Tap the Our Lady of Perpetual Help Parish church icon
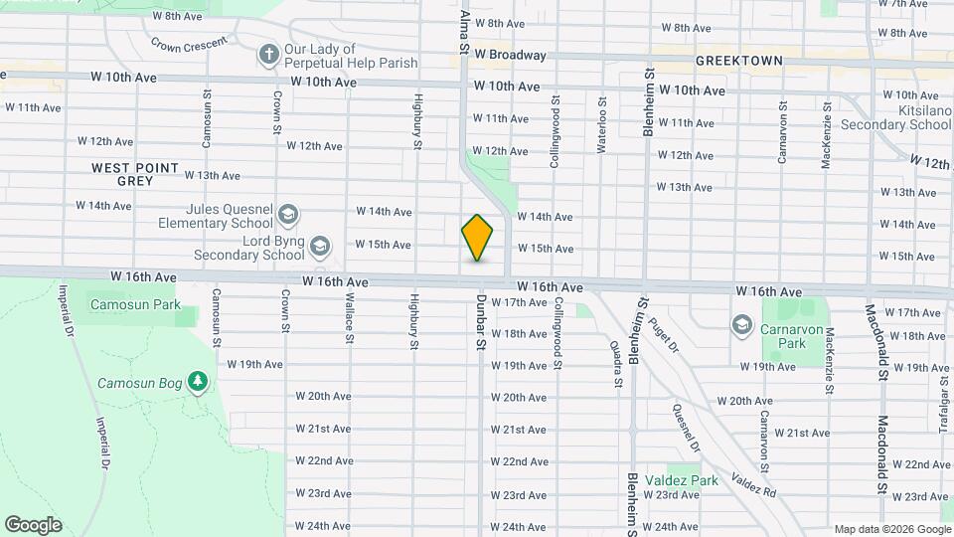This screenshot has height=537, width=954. click(268, 56)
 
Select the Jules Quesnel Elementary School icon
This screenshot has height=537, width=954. click(287, 215)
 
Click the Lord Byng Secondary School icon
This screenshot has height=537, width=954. click(319, 245)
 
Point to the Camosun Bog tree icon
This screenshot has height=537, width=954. click(199, 382)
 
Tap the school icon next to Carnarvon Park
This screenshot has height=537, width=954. click(741, 325)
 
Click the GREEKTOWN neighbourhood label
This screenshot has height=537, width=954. click(738, 61)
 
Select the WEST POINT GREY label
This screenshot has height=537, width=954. click(135, 175)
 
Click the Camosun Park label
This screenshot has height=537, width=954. click(132, 302)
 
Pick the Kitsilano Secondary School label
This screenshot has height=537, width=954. click(894, 117)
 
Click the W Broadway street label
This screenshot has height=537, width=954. click(510, 55)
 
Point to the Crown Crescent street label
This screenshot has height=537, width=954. click(189, 45)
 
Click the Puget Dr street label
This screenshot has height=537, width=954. click(663, 335)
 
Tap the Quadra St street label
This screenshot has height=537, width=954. click(617, 363)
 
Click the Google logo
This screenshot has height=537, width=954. click(33, 524)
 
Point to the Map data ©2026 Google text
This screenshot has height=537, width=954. click(891, 529)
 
